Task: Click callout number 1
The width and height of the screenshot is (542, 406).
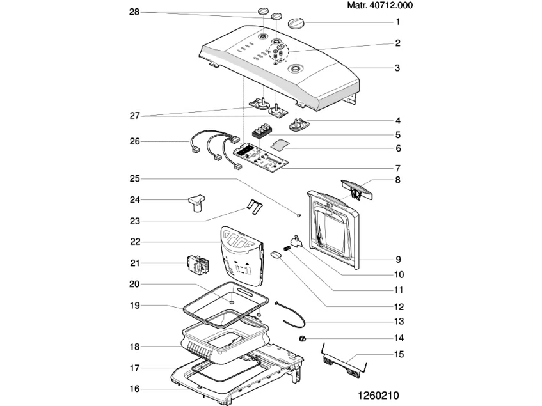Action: pyautogui.click(x=397, y=22)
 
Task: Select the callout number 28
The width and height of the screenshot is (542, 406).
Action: pyautogui.click(x=134, y=12)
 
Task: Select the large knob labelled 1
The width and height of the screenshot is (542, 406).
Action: pyautogui.click(x=298, y=23)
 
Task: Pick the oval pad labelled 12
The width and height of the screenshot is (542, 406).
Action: pyautogui.click(x=277, y=255)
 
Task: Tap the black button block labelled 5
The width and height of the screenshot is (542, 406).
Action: pyautogui.click(x=262, y=132)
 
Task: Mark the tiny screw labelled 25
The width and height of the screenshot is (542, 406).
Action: pyautogui.click(x=299, y=215)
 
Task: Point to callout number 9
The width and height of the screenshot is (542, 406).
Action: pyautogui.click(x=397, y=260)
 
